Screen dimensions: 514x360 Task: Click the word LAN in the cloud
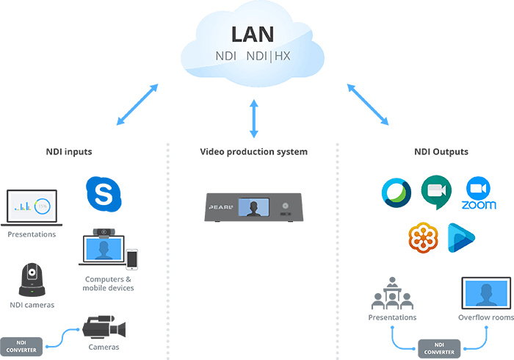253,35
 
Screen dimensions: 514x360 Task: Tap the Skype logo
104,194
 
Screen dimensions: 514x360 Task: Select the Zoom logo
479,192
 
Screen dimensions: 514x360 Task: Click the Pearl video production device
254,207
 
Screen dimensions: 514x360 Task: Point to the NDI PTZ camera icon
32,280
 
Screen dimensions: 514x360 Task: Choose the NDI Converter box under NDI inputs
21,347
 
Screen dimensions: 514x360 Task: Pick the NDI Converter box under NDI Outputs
439,348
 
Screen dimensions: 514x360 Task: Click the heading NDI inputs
69,152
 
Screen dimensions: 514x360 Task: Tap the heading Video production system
254,152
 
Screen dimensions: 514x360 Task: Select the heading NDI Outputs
441,152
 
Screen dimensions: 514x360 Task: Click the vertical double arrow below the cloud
254,119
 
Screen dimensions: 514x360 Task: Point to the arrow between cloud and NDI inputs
137,104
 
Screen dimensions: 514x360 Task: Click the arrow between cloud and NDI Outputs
368,104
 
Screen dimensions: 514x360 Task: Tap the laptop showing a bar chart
32,208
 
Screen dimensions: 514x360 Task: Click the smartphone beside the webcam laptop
131,259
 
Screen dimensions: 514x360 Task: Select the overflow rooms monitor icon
486,293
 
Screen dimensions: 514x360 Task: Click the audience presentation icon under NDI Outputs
392,293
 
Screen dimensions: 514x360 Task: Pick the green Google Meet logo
436,192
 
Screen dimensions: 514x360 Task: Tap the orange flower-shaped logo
423,238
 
